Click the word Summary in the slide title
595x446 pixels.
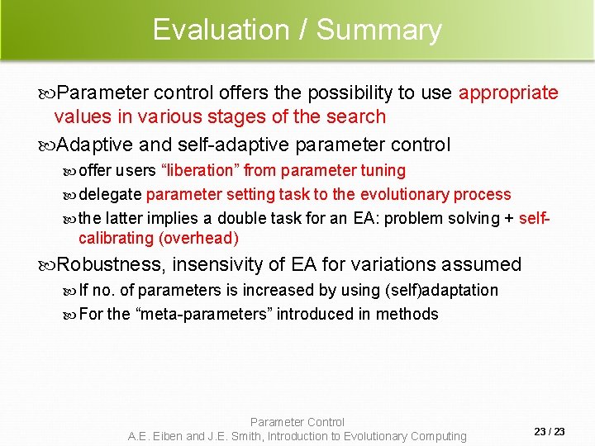coord(379,30)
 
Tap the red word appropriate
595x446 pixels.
coord(508,93)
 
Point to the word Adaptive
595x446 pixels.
coord(96,145)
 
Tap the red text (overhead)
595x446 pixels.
coord(196,239)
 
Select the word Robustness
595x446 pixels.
coord(112,265)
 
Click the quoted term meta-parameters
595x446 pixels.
coord(202,314)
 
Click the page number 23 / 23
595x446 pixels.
coord(550,432)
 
